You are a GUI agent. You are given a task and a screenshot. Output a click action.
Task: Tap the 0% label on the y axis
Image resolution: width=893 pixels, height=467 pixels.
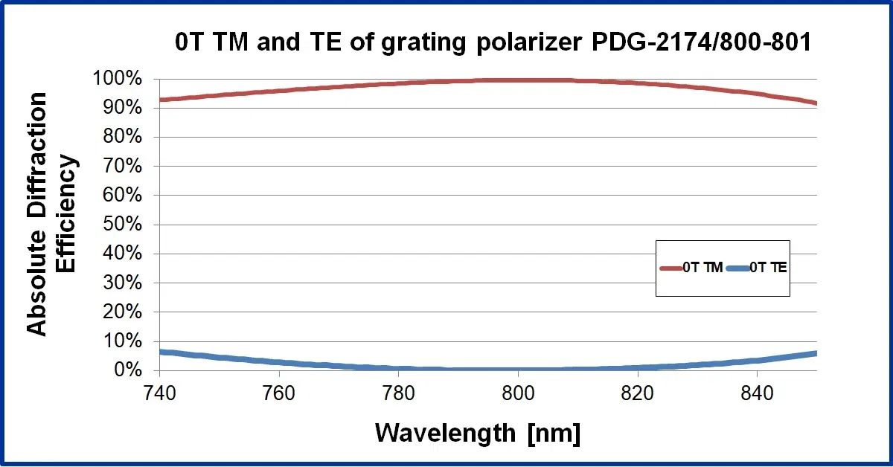[x=128, y=370]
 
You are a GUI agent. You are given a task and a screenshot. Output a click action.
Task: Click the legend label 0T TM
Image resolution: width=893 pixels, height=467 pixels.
[x=702, y=268]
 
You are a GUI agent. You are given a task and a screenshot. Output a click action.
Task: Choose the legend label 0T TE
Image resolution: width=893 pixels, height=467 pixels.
[x=767, y=268]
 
